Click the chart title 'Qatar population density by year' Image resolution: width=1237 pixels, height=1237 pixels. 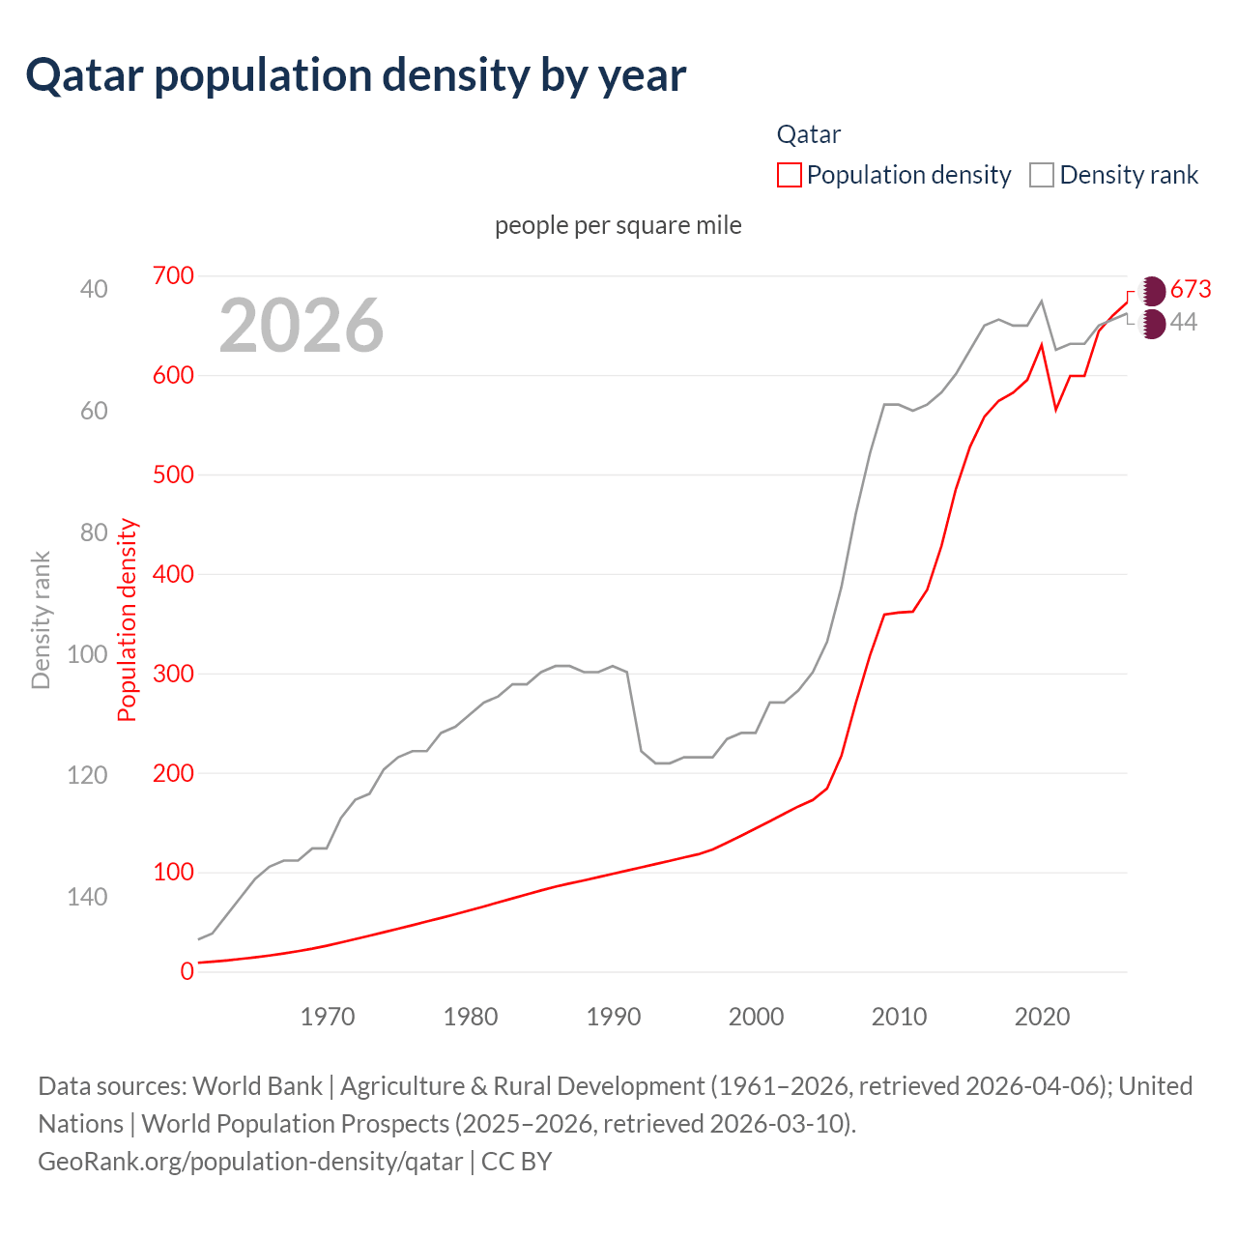[356, 75]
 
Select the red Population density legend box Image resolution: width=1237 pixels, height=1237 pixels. [790, 175]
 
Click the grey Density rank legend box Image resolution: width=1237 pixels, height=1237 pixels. [1041, 175]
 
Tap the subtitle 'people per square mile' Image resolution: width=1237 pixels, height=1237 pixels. [618, 225]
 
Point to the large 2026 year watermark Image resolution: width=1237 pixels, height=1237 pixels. [302, 325]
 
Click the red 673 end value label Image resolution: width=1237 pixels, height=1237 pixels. [1191, 289]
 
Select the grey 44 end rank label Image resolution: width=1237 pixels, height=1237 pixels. [1184, 322]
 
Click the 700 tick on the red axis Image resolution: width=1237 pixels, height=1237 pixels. [173, 275]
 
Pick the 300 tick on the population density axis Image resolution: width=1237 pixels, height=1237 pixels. [173, 674]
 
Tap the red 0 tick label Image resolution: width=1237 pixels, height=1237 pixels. [187, 971]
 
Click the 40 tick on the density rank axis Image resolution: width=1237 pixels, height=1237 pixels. [94, 289]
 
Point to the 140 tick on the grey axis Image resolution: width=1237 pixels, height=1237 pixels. [87, 897]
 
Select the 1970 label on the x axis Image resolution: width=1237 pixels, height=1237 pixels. [328, 1017]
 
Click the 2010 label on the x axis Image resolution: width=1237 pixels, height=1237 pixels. [899, 1017]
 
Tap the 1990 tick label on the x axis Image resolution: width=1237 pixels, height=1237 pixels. [614, 1017]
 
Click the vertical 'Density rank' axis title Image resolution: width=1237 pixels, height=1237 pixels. [41, 620]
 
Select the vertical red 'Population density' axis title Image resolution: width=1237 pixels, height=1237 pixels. [128, 620]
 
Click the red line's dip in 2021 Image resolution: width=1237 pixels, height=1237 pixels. [1056, 409]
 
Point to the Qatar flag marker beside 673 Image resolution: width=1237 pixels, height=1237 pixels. [1152, 290]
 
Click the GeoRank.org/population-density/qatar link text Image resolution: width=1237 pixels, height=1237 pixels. [250, 1161]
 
